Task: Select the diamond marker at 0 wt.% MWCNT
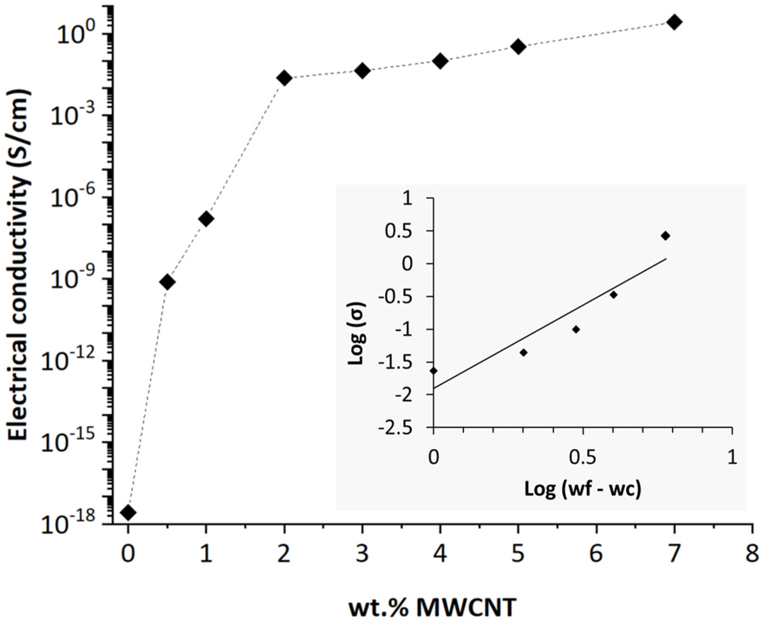click(128, 512)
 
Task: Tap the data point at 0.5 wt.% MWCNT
click(167, 282)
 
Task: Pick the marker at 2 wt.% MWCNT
click(284, 78)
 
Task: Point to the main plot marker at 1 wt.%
click(206, 219)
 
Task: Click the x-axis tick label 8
click(752, 553)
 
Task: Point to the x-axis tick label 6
click(596, 553)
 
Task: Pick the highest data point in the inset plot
click(665, 236)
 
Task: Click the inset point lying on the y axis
click(433, 371)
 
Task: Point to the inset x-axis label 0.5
click(582, 457)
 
